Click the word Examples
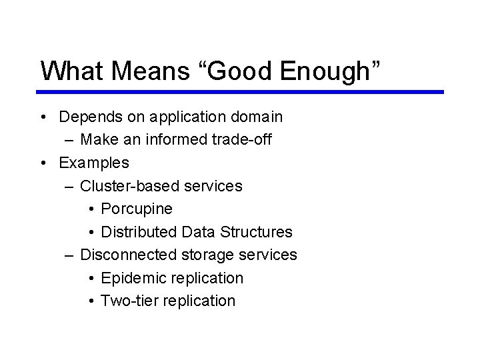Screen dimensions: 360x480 click(94, 163)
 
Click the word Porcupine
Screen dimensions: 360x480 click(137, 209)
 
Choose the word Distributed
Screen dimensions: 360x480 click(138, 232)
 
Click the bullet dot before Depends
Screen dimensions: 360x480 click(42, 118)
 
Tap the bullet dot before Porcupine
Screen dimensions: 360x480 click(90, 209)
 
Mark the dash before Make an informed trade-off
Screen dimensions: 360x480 click(70, 141)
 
